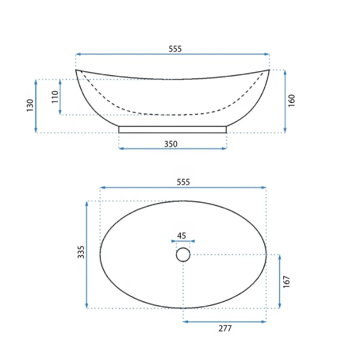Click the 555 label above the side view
[175, 49]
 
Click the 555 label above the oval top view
[183, 182]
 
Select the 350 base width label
[171, 144]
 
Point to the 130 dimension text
[29, 106]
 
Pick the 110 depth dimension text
[55, 97]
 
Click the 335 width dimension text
[81, 252]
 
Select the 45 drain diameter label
[182, 236]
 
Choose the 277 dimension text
[225, 328]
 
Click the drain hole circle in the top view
[183, 255]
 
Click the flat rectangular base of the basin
[173, 129]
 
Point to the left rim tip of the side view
[77, 71]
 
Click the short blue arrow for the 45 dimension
[183, 241]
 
